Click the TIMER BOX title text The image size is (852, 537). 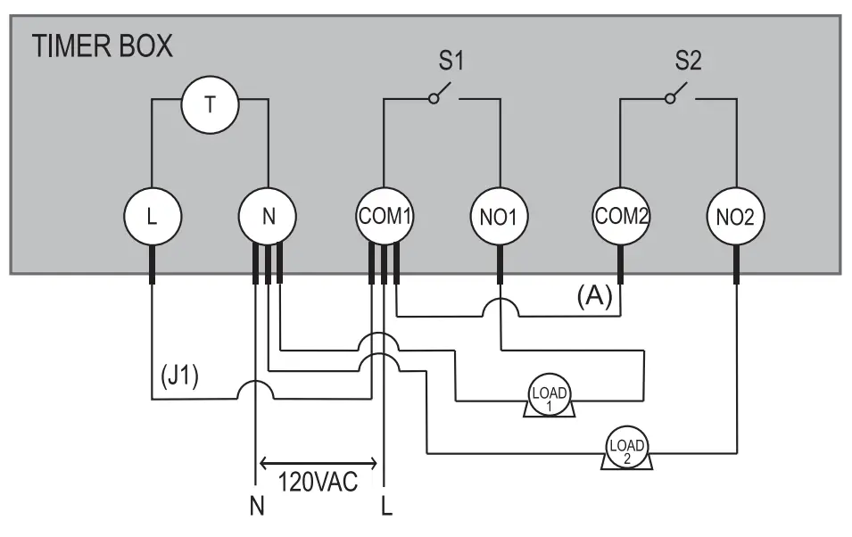click(103, 46)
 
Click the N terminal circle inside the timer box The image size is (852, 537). click(268, 217)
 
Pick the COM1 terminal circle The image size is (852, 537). click(385, 217)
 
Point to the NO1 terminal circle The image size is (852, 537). click(500, 217)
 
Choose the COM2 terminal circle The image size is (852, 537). click(620, 216)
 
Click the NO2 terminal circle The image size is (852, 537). click(736, 217)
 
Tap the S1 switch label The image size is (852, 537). click(451, 62)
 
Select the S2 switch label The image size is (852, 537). click(688, 62)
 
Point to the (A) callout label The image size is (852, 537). click(595, 296)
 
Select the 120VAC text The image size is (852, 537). click(318, 484)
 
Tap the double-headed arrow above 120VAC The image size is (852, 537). click(318, 463)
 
